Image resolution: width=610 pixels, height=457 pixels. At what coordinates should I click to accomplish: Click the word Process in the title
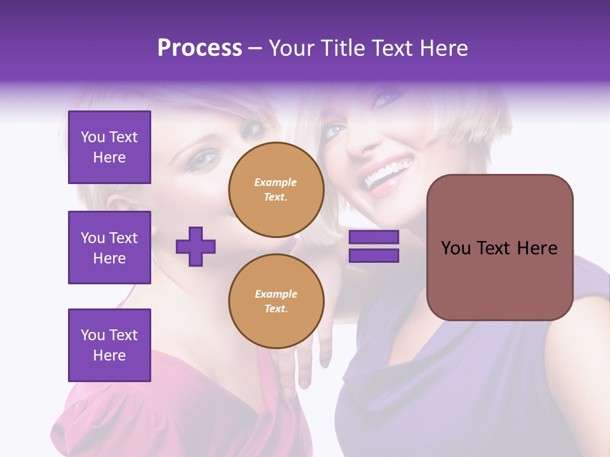(200, 48)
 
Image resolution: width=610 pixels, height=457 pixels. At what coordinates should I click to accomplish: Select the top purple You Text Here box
(109, 147)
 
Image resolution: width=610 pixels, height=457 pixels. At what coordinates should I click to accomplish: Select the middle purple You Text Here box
(109, 248)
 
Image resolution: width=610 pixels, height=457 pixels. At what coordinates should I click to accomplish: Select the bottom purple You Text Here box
(109, 345)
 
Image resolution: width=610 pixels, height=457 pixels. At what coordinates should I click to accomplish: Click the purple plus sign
(196, 246)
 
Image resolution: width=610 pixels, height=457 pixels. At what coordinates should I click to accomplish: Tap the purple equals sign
(374, 246)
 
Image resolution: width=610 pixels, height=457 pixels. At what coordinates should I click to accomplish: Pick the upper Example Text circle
(276, 190)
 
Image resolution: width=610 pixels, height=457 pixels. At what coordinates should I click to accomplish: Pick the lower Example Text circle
(276, 301)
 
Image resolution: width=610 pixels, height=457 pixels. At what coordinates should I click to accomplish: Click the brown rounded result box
(499, 248)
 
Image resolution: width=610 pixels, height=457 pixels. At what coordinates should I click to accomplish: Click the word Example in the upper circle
(276, 182)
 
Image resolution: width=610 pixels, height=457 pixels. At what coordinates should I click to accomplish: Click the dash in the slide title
(255, 48)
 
